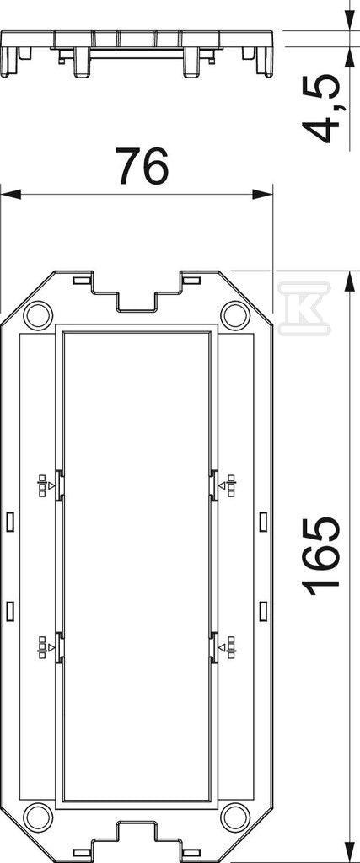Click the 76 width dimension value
141,165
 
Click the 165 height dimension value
323,556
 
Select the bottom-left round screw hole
36,817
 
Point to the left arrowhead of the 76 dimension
10,194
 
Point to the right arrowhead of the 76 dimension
262,194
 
